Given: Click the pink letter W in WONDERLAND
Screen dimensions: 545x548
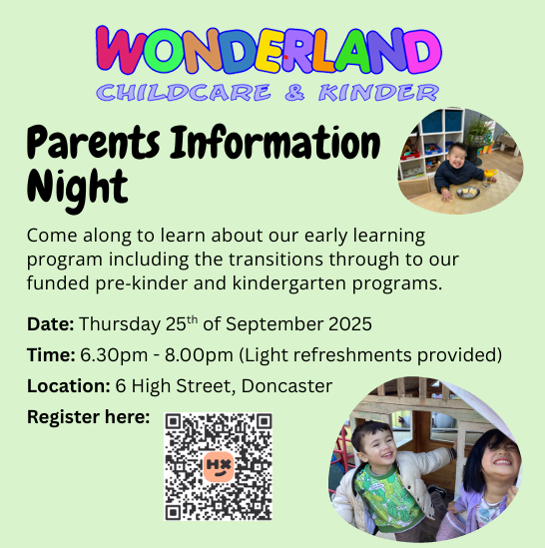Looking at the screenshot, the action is coord(120,50).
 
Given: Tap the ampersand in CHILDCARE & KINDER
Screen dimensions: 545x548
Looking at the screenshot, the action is coord(294,93).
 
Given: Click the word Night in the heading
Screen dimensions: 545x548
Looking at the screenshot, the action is coord(77,189).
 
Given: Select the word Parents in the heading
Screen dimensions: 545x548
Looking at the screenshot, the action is coord(94,143).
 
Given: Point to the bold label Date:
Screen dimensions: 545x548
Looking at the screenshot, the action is coord(50,324).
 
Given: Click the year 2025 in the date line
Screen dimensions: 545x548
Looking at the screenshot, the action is coord(350,324).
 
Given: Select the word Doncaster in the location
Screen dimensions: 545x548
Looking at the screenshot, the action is coord(286,386).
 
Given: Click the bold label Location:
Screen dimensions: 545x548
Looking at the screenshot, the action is coord(69,386).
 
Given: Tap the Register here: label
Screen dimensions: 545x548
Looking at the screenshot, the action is coord(89,418).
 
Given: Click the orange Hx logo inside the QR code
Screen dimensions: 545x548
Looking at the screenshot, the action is coord(219,466).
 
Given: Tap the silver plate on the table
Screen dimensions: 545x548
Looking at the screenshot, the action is coord(468,192).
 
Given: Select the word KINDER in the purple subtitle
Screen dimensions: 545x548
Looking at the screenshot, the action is coord(378,93).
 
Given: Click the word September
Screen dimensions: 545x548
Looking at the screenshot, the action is coord(274,324).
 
